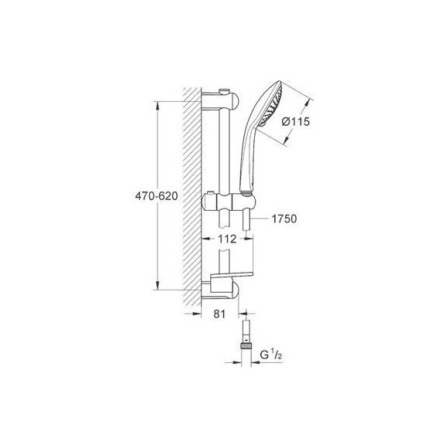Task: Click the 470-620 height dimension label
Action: coord(157,196)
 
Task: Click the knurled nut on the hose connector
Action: coord(246,348)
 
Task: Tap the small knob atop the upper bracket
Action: coord(224,90)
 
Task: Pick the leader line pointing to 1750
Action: coord(261,219)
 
